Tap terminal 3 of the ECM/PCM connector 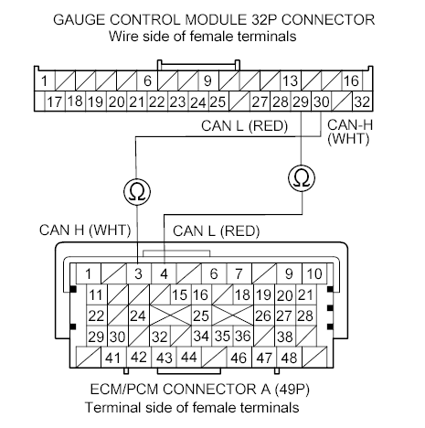click(137, 273)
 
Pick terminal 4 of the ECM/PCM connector click(164, 273)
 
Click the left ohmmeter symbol click(137, 190)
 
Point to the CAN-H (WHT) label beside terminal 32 click(348, 131)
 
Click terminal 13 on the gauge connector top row click(291, 81)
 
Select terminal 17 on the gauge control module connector click(55, 101)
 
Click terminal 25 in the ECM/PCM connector click(200, 316)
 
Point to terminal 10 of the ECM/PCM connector click(314, 273)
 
